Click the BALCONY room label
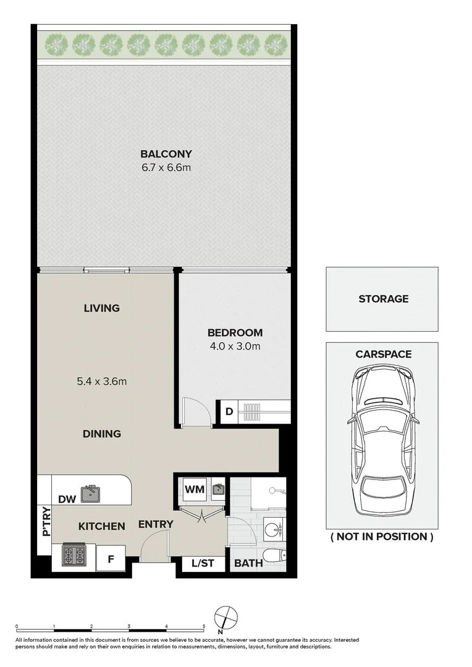[x=166, y=154]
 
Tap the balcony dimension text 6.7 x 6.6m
[x=166, y=167]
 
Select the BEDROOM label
[x=235, y=332]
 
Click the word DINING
[x=102, y=434]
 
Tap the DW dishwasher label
[x=67, y=498]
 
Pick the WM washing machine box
[x=195, y=489]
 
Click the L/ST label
[x=203, y=563]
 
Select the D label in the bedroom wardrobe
[x=228, y=412]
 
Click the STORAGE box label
[x=383, y=299]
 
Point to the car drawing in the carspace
[x=382, y=440]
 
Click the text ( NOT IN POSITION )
[x=382, y=537]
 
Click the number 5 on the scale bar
[x=204, y=626]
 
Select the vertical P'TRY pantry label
[x=45, y=521]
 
